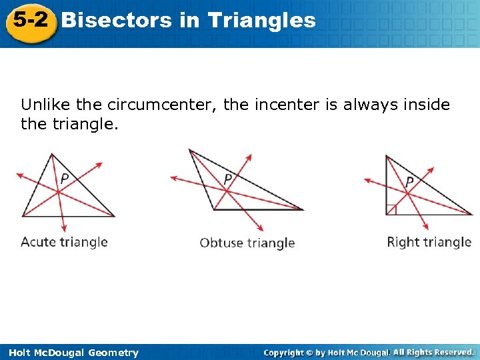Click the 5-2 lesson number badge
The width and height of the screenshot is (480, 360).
(x=31, y=21)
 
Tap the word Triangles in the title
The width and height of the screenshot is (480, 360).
(x=261, y=20)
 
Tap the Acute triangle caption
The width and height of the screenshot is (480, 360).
(x=64, y=241)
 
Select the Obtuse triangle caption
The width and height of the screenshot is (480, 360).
(x=247, y=243)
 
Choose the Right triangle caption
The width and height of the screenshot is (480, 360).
(x=429, y=241)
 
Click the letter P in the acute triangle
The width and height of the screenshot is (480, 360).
(x=65, y=179)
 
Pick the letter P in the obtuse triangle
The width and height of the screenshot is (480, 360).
(x=228, y=179)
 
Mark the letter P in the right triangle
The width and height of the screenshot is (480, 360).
(x=409, y=181)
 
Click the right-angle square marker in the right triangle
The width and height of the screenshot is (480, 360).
(x=391, y=210)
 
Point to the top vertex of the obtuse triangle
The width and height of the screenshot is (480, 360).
(x=190, y=150)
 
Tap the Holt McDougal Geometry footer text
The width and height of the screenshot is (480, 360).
(x=70, y=353)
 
